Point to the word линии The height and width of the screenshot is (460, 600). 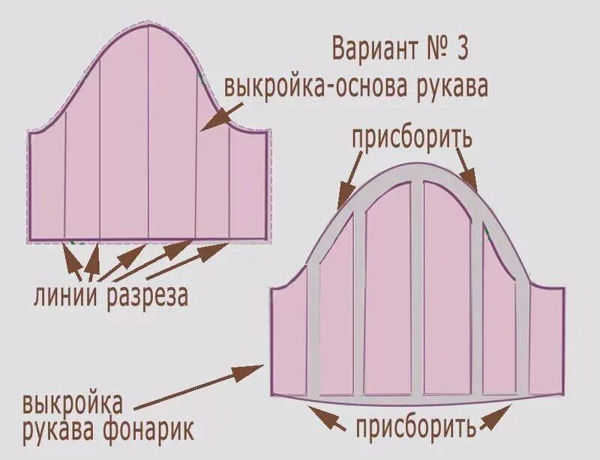pos(65,296)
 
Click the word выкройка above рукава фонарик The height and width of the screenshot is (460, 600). pos(73,405)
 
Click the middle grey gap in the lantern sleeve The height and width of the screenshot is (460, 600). pos(416,285)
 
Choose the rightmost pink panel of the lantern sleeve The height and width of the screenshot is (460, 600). pos(546,341)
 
